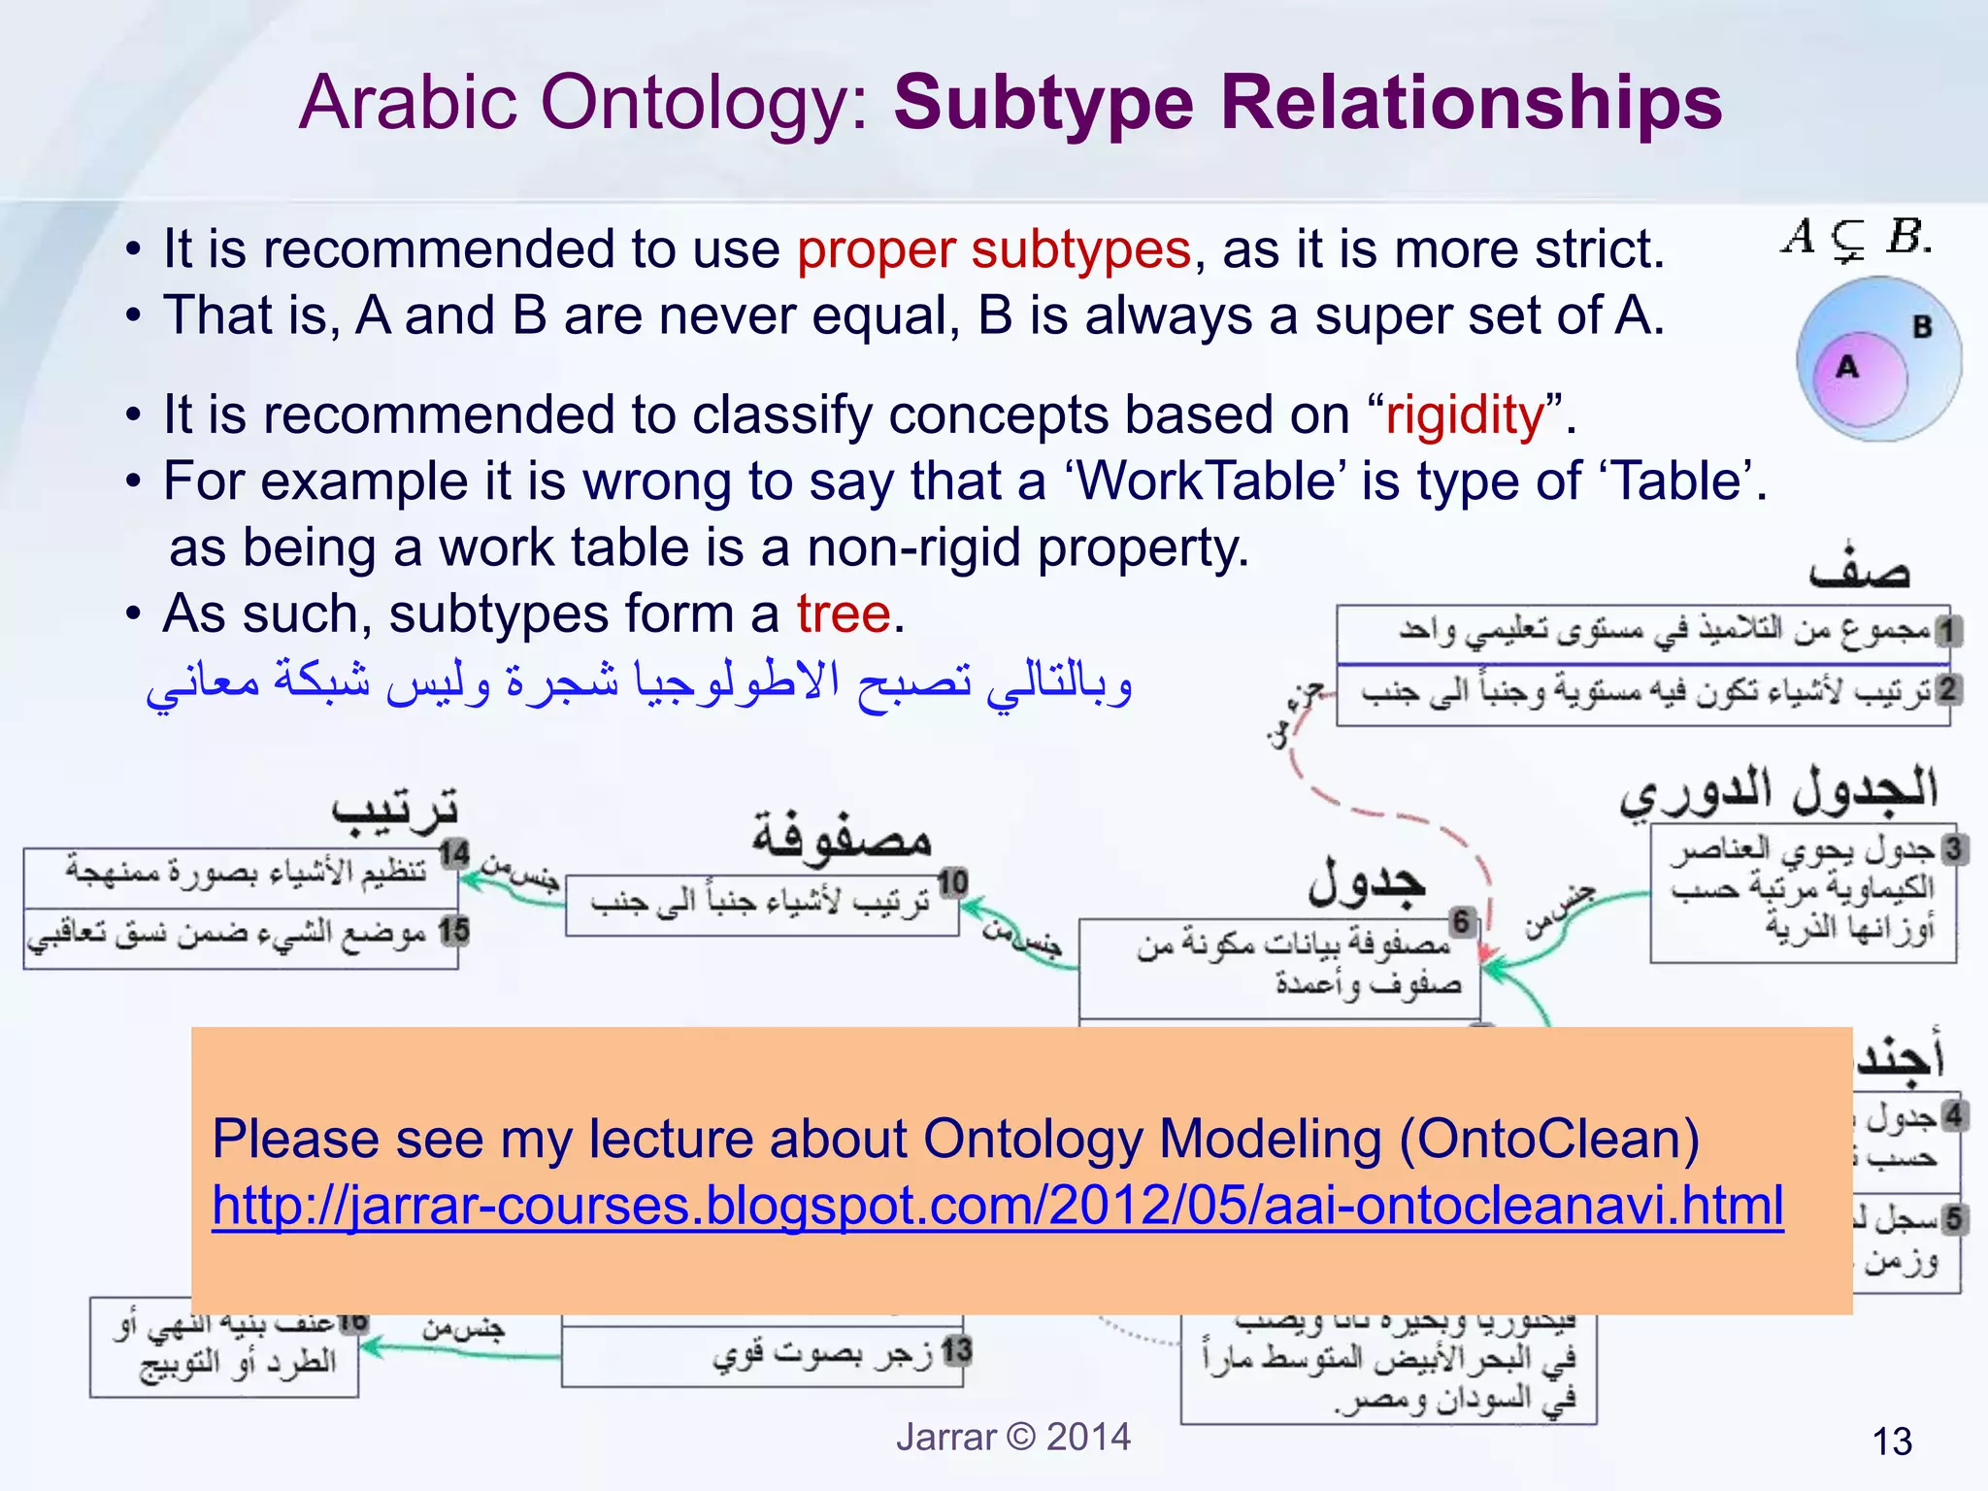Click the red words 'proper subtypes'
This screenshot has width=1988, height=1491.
point(993,249)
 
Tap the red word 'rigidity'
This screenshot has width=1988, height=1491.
point(1465,415)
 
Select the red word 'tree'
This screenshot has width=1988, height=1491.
point(843,613)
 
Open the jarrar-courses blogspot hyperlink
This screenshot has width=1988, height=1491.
point(997,1206)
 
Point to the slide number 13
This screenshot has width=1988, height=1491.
point(1891,1441)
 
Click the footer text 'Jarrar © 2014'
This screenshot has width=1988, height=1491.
point(1012,1437)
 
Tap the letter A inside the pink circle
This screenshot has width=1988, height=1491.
point(1846,367)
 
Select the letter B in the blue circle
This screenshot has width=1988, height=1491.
point(1922,327)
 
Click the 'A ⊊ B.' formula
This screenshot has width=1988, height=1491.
point(1855,237)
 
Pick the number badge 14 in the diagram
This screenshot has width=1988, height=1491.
point(453,854)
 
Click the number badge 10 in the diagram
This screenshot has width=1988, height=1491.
point(952,881)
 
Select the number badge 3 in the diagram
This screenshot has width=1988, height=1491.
point(1953,848)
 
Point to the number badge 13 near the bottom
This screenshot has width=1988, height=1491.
point(956,1349)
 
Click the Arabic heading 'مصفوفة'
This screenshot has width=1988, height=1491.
point(842,836)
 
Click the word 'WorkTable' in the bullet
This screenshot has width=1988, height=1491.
point(1206,480)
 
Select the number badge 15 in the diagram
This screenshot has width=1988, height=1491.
point(453,931)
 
